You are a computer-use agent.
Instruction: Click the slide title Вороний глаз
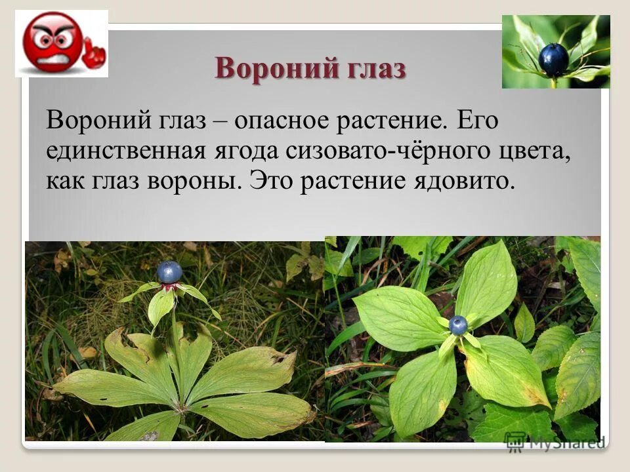(310, 68)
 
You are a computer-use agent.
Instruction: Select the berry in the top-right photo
(553, 60)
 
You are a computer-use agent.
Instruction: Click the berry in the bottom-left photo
(169, 272)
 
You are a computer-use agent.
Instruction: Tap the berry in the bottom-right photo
(458, 324)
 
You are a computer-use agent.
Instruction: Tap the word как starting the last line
(64, 180)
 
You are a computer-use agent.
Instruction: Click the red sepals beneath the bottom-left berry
(169, 286)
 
